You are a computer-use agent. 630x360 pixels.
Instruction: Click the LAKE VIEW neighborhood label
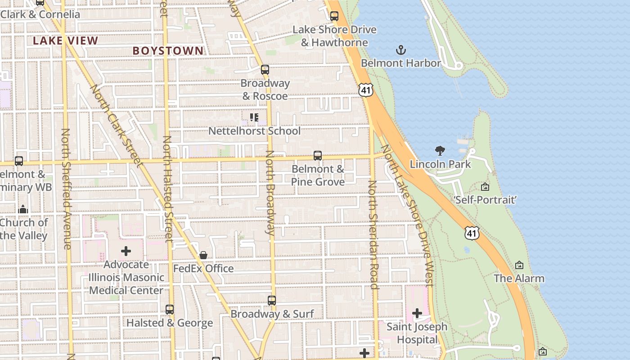pos(65,40)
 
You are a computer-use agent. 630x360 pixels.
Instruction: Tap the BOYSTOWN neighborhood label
pos(168,50)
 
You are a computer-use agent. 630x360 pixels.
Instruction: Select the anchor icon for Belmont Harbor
pos(400,49)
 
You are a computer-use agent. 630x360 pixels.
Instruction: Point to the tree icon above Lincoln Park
pos(440,151)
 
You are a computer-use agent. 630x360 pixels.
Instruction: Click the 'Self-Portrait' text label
pos(485,199)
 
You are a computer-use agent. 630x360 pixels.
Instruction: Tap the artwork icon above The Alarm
pos(519,265)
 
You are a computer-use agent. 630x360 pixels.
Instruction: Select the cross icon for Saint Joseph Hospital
pos(417,313)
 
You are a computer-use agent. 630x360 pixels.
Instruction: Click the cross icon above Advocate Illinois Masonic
pos(126,251)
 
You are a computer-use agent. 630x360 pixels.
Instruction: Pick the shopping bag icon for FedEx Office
pos(203,255)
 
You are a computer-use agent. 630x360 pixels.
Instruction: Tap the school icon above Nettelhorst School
pos(254,117)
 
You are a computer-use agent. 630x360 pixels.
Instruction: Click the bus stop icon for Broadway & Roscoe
pos(265,70)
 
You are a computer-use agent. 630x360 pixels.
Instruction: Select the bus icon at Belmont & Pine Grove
pos(318,156)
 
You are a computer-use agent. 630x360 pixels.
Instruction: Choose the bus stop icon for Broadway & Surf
pos(272,300)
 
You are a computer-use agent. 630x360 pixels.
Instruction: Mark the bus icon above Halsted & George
pos(170,310)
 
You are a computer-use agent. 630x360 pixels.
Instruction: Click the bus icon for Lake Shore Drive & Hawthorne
pos(334,16)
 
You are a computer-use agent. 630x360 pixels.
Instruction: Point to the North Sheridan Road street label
pos(373,234)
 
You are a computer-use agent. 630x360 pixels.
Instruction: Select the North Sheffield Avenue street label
pos(66,189)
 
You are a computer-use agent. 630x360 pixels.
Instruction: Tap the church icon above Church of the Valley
pos(23,209)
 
